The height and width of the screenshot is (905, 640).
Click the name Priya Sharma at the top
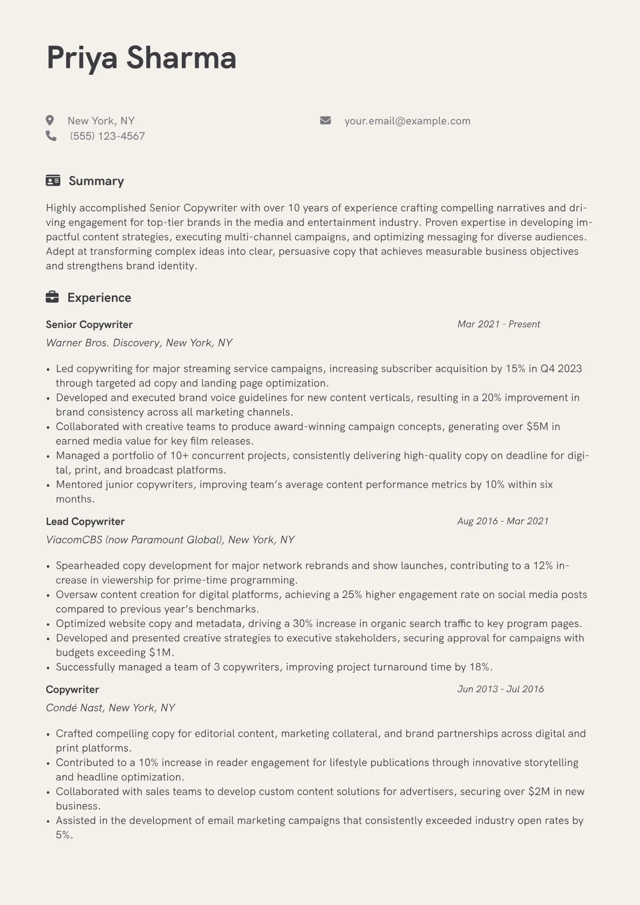(141, 58)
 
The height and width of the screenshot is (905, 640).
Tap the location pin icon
(50, 120)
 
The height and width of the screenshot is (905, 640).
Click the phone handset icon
(51, 136)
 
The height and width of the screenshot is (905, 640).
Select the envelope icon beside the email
(325, 120)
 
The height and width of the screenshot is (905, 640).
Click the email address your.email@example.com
(407, 121)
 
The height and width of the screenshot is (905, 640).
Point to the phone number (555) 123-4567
(108, 136)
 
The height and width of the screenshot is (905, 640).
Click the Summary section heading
(96, 181)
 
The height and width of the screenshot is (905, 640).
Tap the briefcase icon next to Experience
(52, 297)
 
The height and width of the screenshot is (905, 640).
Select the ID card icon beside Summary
(53, 181)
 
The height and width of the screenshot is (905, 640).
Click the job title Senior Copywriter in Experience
(89, 325)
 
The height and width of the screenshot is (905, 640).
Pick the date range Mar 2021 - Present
(499, 324)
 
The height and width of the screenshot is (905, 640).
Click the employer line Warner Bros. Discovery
(139, 343)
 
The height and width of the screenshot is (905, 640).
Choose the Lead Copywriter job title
(85, 522)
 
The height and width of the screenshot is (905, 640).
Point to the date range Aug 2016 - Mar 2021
(503, 521)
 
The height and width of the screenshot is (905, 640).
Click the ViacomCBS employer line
(170, 540)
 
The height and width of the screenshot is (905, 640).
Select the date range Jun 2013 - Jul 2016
(500, 689)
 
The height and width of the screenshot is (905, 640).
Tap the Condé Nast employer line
(110, 708)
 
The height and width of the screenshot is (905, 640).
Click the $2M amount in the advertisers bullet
(539, 792)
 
